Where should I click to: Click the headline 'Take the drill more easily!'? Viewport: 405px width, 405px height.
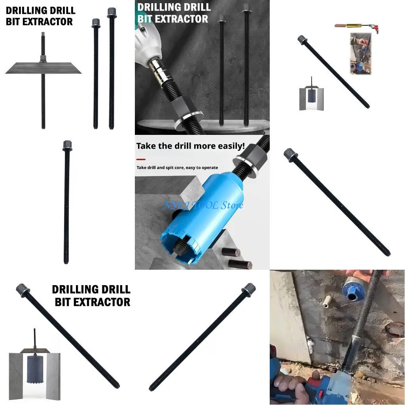190,146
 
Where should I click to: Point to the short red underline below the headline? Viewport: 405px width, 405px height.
140,159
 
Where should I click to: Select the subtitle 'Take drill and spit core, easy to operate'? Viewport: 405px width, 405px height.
177,168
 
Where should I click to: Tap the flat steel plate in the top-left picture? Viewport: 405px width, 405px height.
43,68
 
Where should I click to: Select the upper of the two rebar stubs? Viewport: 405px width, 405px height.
231,252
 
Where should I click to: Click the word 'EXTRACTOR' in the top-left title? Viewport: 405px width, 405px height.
50,22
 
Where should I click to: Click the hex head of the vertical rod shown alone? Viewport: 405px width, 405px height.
67,146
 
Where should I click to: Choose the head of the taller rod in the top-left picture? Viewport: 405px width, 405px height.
111,12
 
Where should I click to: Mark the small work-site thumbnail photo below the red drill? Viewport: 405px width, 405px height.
360,54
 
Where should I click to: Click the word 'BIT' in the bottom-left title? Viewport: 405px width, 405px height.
62,302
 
